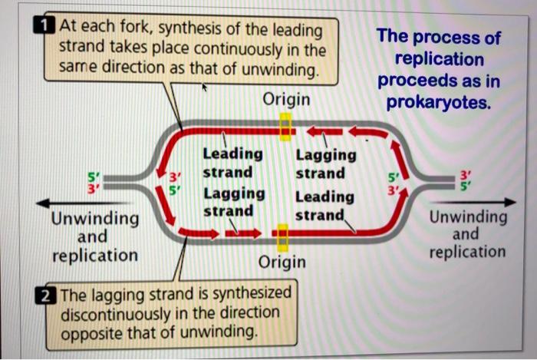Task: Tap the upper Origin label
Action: point(286,100)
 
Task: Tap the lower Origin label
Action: point(282,263)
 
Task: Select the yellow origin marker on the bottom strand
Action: point(282,236)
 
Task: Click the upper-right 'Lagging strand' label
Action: point(326,163)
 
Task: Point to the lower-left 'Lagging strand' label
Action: point(234,201)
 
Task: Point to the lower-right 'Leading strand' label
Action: point(325,205)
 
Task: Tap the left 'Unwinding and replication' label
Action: point(95,236)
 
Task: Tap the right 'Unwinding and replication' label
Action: point(467,233)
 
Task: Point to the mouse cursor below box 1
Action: point(203,88)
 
